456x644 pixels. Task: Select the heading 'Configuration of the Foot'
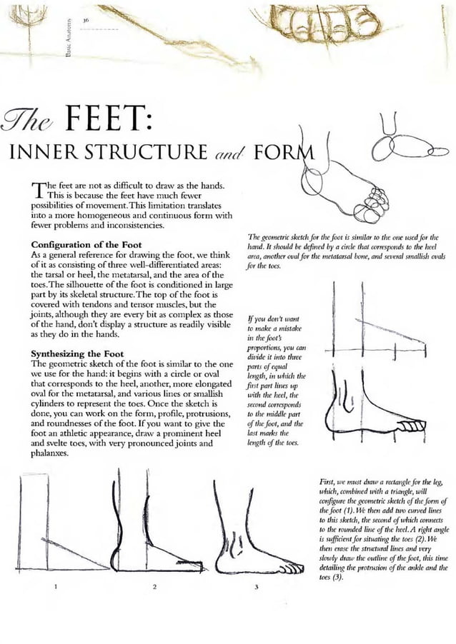[x=86, y=246]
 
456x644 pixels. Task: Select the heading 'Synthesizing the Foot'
[x=77, y=354]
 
